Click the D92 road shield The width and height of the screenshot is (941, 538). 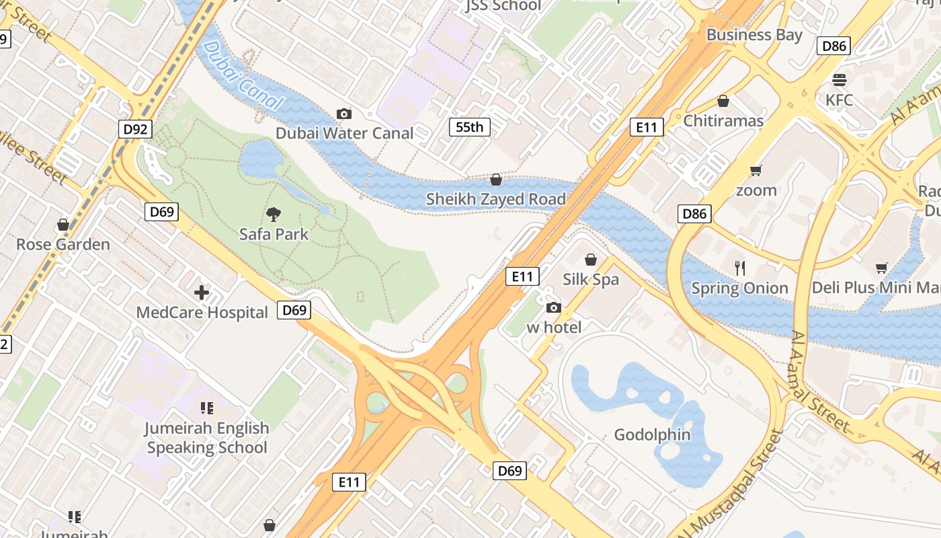[136, 129]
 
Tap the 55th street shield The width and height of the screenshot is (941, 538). [470, 126]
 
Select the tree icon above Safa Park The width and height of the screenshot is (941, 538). [274, 215]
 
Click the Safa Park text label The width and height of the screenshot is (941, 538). [274, 234]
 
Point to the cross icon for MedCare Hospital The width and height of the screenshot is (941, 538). [202, 293]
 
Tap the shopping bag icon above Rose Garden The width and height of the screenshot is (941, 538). [63, 225]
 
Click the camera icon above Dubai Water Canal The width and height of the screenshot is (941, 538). [344, 114]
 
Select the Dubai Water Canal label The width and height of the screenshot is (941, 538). [345, 133]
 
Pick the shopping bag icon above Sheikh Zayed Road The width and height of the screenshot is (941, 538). [496, 180]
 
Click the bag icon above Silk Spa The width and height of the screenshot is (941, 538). [591, 260]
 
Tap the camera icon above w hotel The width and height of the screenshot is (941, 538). [554, 308]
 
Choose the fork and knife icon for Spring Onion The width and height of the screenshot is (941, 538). [740, 268]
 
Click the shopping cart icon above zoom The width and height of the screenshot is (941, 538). [756, 170]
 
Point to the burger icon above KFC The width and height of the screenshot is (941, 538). [839, 80]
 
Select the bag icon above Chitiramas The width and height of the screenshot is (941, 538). [723, 101]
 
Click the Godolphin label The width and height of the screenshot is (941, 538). [652, 434]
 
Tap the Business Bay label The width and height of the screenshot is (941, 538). [754, 34]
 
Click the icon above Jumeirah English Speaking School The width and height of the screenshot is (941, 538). [207, 408]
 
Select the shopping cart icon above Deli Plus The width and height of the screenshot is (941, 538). [882, 268]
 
